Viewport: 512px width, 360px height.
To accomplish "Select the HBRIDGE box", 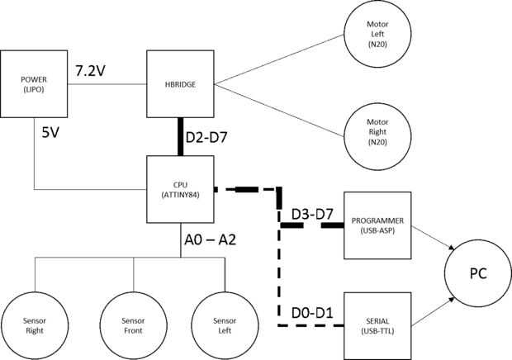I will point(180,83).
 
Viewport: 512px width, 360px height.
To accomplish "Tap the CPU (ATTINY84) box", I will point(180,189).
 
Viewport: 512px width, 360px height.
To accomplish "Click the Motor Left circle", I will point(377,36).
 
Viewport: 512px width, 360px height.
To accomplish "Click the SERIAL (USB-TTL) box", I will point(377,324).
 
